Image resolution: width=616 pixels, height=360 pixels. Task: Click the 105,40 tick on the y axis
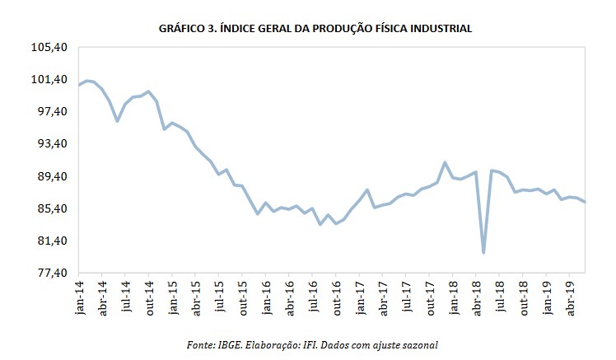50,48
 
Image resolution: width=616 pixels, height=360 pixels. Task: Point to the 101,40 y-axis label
50,80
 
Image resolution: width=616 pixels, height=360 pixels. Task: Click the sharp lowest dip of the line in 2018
483,252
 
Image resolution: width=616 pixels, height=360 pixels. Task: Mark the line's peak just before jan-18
445,162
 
